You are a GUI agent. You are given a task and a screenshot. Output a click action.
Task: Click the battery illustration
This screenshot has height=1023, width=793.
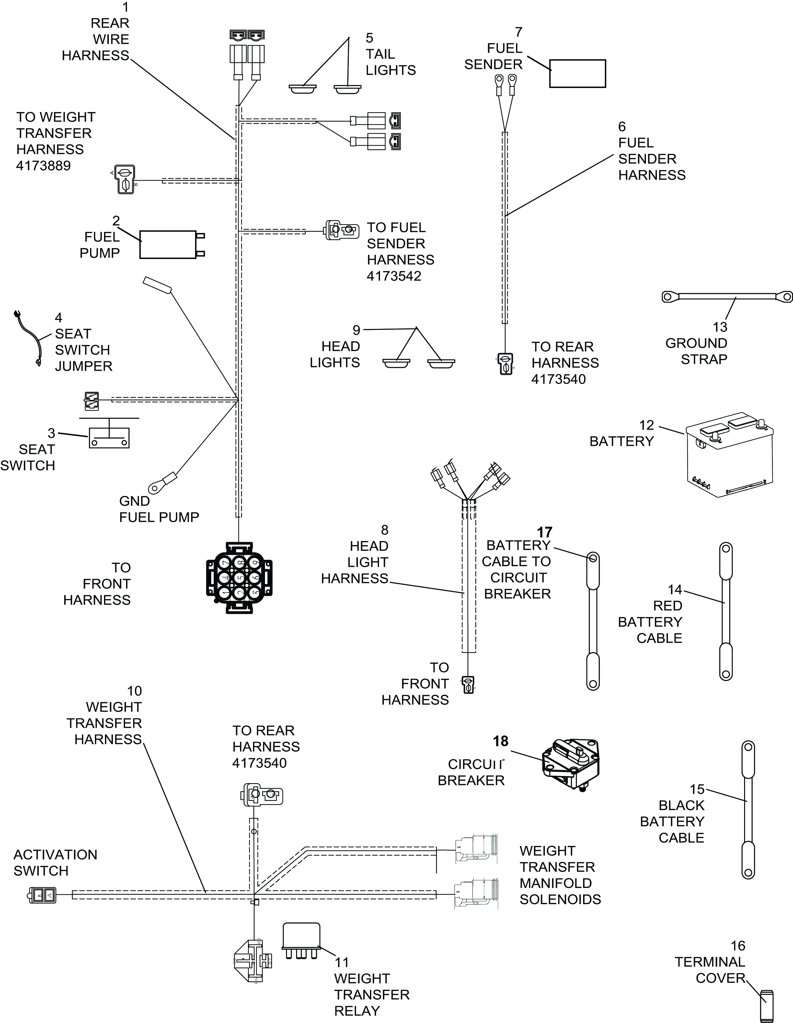tap(729, 454)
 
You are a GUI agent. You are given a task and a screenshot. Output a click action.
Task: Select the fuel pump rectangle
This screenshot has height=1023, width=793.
tap(168, 244)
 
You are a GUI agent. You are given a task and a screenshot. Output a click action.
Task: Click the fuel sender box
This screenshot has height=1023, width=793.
tap(577, 73)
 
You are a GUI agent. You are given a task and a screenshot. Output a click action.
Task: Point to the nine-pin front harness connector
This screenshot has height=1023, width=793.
tap(239, 578)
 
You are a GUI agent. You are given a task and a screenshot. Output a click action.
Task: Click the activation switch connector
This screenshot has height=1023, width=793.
tap(42, 895)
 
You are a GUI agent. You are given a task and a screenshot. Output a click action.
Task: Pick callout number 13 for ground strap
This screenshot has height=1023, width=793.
tap(720, 327)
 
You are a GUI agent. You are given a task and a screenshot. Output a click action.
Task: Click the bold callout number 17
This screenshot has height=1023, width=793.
tap(545, 533)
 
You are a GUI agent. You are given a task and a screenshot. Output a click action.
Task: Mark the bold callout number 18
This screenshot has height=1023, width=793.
tap(500, 741)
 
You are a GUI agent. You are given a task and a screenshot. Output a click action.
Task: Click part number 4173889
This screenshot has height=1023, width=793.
tap(44, 166)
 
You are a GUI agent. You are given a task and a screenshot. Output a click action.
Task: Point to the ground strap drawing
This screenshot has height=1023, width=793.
tap(727, 297)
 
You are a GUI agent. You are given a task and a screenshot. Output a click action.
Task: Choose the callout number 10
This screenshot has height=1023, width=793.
tap(134, 691)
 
